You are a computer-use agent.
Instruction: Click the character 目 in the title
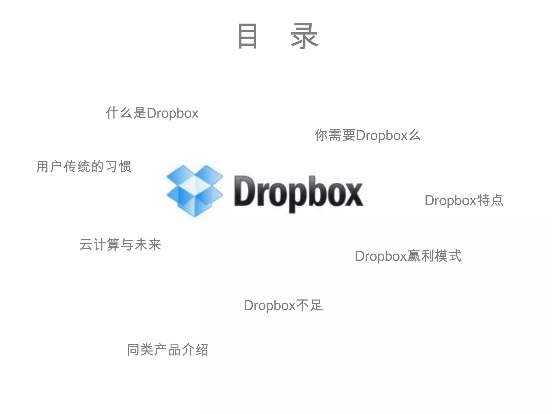coord(247,36)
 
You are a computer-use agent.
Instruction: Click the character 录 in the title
coord(305,36)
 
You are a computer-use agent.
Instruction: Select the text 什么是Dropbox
coord(152,113)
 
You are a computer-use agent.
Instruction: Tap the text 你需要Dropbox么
coord(367,135)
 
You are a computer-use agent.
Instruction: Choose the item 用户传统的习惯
coord(84,166)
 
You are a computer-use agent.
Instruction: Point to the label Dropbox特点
coord(464,200)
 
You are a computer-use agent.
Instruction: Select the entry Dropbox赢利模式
coord(408,256)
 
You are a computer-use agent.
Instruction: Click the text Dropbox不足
coord(283,305)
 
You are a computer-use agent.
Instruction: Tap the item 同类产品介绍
coord(167,350)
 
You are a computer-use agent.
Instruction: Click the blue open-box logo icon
coord(195,190)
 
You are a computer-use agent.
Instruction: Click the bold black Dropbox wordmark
coord(299,192)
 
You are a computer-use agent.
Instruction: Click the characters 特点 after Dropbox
coord(490,200)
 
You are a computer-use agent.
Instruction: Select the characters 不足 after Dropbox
coord(309,305)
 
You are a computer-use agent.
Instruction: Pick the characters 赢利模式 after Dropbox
coord(434,256)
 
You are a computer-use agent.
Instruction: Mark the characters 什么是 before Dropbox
coord(126,113)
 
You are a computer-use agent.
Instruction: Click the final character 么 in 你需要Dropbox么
coord(414,135)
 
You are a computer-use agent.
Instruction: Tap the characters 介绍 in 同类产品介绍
coord(195,350)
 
